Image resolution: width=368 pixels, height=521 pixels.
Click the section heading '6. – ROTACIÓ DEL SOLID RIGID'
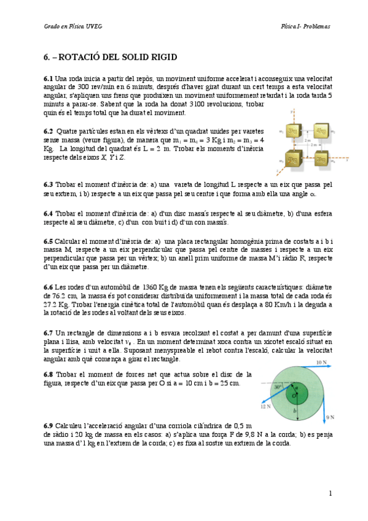click(x=110, y=57)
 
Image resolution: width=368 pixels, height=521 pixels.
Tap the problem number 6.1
click(x=48, y=79)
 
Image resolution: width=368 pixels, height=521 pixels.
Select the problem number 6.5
click(x=48, y=241)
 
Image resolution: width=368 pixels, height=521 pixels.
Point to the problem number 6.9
click(x=48, y=425)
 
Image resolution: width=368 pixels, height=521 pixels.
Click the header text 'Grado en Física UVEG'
click(x=68, y=26)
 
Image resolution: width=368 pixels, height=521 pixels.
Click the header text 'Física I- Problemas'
click(x=306, y=26)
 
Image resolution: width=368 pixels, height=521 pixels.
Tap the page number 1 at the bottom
click(x=330, y=493)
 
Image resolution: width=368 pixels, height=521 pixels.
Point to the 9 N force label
click(x=329, y=417)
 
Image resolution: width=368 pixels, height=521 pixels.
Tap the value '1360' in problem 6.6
click(x=151, y=287)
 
